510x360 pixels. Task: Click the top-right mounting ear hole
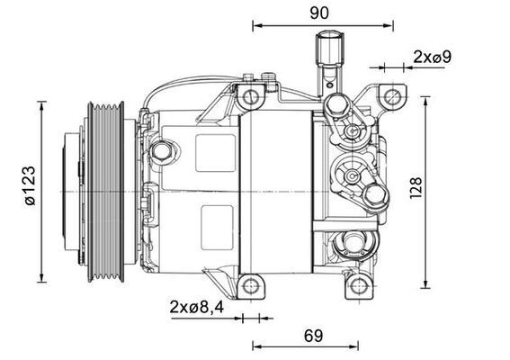pyautogui.click(x=390, y=95)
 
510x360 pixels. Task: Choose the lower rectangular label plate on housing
pyautogui.click(x=214, y=220)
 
